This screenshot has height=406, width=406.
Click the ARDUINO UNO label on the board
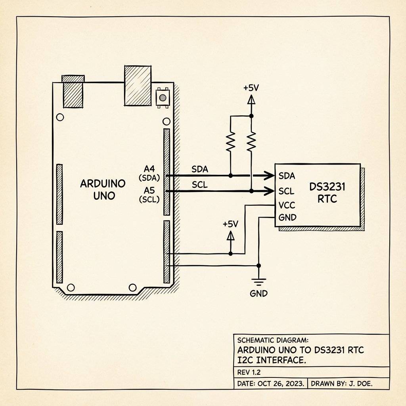[103, 189]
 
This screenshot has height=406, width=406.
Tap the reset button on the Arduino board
[162, 97]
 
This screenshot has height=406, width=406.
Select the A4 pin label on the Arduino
[149, 168]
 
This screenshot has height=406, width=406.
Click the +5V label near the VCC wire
[230, 224]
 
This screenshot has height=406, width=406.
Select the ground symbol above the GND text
[259, 282]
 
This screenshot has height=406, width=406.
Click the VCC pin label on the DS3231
[287, 206]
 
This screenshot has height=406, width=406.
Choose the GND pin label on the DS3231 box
[287, 218]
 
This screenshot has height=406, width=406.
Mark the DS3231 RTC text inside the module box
[327, 192]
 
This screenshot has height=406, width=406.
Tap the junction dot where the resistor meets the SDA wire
[231, 175]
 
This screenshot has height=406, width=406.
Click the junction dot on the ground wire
[259, 265]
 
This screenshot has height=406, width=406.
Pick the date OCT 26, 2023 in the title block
[280, 384]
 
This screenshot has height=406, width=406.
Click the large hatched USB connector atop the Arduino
[137, 86]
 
